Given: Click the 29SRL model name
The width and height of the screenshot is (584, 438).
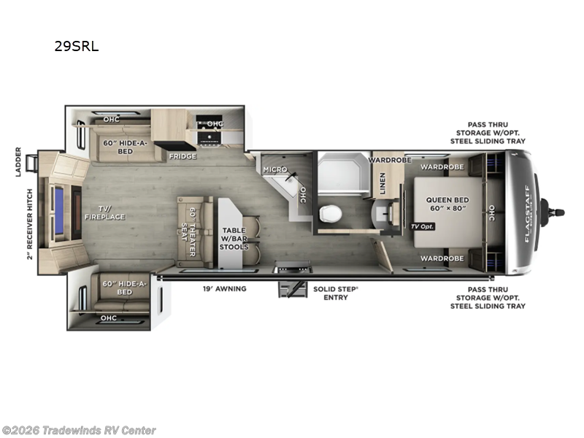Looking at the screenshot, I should click(x=76, y=47).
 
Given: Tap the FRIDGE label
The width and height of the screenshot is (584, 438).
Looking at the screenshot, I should click(x=182, y=156).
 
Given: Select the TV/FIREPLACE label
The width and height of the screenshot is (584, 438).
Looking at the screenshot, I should click(x=105, y=212).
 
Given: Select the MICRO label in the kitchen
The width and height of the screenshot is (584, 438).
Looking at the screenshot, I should click(x=275, y=169).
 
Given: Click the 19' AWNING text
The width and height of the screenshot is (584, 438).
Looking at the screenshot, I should click(x=225, y=289).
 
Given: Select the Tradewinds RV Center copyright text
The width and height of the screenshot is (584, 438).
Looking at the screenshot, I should click(x=79, y=430).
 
